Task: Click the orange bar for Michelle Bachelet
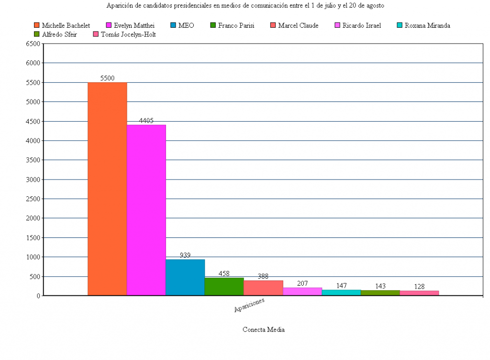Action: [107, 189]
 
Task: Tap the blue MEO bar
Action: [185, 277]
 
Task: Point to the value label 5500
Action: [107, 78]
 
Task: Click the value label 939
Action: [185, 255]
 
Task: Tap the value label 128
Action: [419, 286]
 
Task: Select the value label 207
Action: [302, 283]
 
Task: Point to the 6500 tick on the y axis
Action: [33, 44]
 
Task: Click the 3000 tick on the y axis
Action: [33, 180]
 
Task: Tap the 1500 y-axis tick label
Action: [33, 238]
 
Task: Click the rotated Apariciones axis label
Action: [249, 305]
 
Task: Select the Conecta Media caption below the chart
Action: [264, 329]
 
